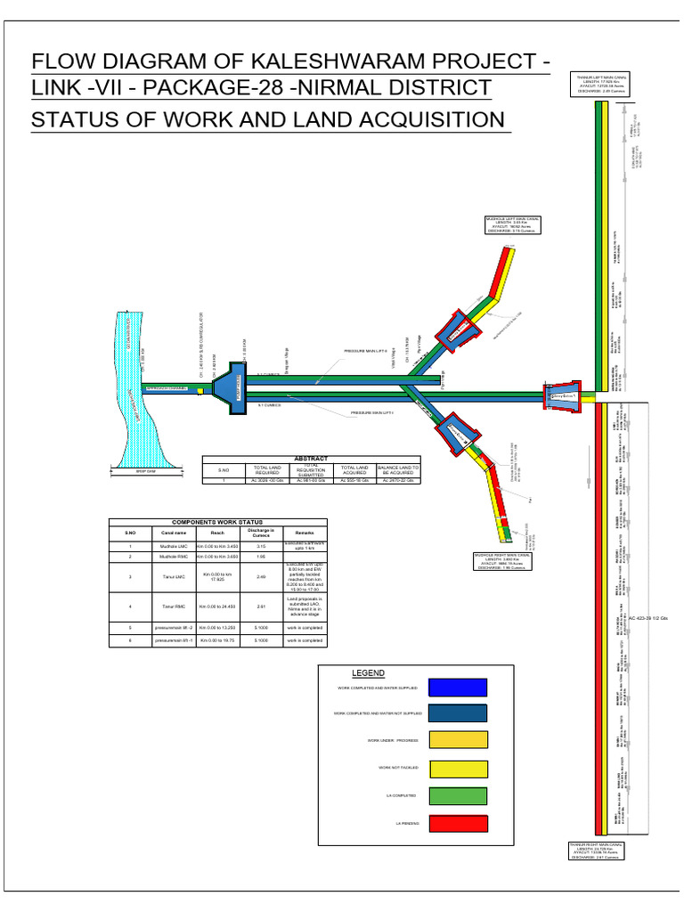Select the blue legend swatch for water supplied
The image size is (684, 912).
[457, 688]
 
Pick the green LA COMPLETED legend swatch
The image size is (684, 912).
[457, 796]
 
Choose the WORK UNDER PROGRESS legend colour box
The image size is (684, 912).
[457, 740]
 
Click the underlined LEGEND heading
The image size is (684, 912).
[368, 673]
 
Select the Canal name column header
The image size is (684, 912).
[173, 533]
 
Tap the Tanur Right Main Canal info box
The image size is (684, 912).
[597, 850]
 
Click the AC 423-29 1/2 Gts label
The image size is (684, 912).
[654, 617]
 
